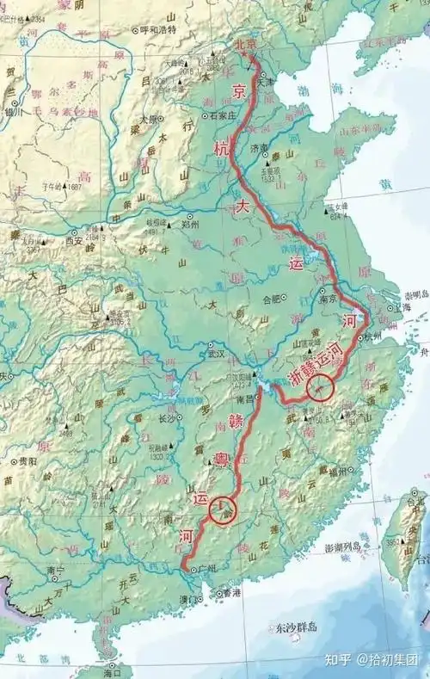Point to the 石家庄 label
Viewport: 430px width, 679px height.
coord(219,114)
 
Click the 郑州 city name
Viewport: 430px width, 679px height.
coord(205,224)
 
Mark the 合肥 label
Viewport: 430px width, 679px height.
coord(272,300)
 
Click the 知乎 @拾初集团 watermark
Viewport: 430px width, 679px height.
coord(378,660)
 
